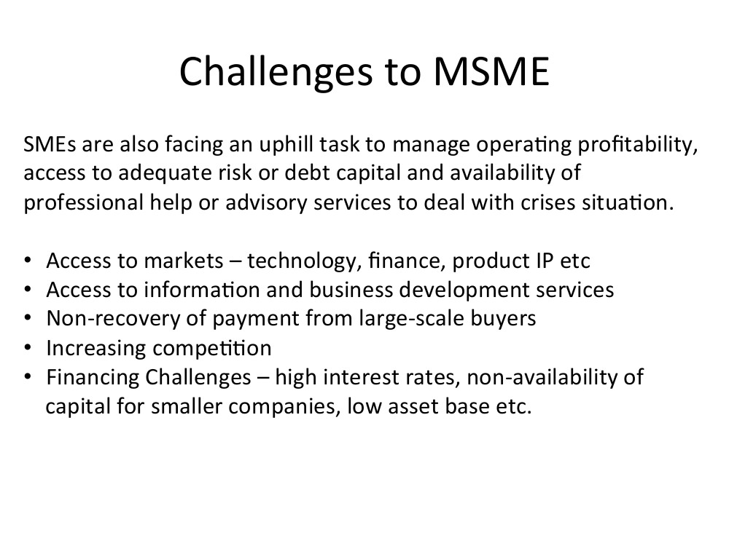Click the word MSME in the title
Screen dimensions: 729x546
(x=491, y=71)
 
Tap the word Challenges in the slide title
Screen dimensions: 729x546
(x=276, y=72)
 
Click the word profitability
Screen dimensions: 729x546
(x=638, y=144)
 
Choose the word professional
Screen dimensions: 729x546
(x=84, y=202)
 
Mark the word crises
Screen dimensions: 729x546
(x=541, y=202)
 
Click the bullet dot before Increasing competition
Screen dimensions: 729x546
(x=28, y=348)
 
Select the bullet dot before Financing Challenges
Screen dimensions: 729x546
(x=28, y=376)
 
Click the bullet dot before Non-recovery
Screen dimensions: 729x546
(x=28, y=319)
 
